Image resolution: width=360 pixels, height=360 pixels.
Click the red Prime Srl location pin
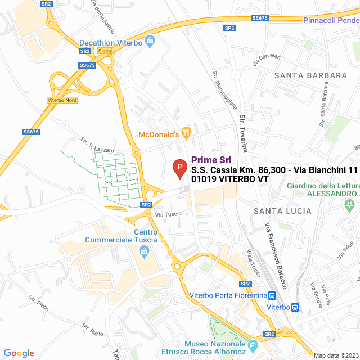[x=179, y=168]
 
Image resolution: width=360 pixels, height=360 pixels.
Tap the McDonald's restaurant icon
[x=187, y=134]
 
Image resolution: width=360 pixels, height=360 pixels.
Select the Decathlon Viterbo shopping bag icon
[x=150, y=40]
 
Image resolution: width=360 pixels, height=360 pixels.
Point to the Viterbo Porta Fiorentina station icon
[x=273, y=295]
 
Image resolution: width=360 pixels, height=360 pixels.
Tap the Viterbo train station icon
[x=296, y=307]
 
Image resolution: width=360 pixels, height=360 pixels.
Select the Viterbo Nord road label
[x=62, y=100]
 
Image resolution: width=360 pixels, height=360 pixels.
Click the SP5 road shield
[x=229, y=28]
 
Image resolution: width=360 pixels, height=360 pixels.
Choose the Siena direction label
[x=105, y=51]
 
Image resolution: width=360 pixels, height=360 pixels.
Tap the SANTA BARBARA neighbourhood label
[x=310, y=75]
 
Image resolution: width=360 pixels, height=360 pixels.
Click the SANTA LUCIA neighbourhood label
[x=282, y=211]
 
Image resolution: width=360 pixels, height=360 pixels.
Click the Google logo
[x=19, y=353]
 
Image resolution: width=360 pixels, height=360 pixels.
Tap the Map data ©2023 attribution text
[x=336, y=355]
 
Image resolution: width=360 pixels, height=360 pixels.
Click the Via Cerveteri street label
[x=266, y=60]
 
